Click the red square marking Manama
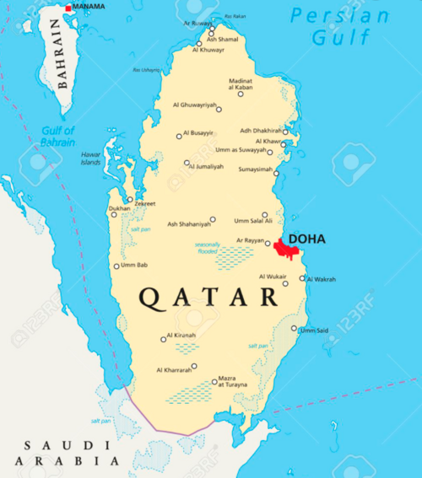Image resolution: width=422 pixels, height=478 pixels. [x=69, y=8]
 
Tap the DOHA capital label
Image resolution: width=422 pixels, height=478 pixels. [x=306, y=239]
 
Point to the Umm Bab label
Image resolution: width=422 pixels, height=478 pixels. [x=135, y=266]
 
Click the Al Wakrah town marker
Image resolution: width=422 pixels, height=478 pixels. [x=302, y=277]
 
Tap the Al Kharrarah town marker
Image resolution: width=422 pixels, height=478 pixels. [x=193, y=366]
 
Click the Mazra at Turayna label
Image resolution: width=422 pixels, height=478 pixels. [x=233, y=381]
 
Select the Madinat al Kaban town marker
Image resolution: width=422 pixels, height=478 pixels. [x=241, y=94]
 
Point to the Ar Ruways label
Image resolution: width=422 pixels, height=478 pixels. [x=197, y=24]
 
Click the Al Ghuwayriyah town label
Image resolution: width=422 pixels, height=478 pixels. [x=194, y=105]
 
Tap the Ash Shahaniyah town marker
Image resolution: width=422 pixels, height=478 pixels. [x=213, y=219]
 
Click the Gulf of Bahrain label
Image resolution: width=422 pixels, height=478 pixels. [x=57, y=135]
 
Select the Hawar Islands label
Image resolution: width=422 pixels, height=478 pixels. [x=90, y=158]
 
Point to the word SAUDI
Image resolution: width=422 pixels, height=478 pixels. [x=57, y=445]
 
